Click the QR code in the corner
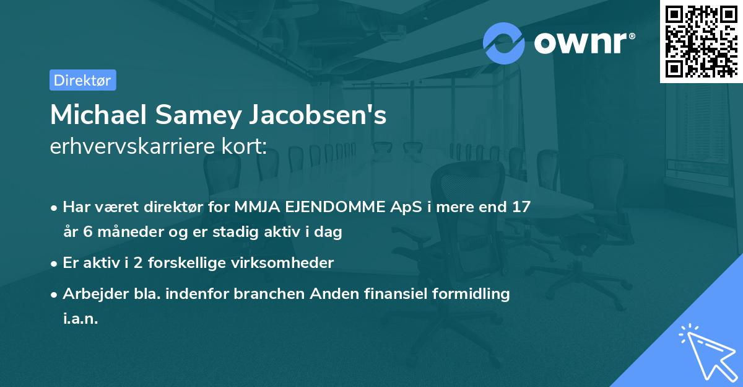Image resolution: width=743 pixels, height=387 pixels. coord(702,41)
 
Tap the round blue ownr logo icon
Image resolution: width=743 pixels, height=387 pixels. coord(504,43)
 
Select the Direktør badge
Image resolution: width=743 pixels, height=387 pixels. coord(82,80)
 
